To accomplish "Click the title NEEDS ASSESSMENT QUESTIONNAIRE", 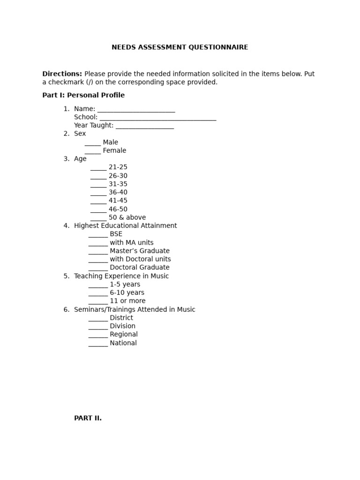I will [180, 47].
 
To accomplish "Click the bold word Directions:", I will [62, 74].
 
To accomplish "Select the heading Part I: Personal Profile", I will [83, 95].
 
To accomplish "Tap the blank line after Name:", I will [136, 109].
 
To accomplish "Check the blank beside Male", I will [93, 143].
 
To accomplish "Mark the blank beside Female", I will [93, 151].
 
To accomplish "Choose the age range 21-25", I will [118, 167].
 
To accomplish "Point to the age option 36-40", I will [118, 193].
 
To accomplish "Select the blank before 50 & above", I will [98, 218].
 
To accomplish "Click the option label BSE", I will [116, 234].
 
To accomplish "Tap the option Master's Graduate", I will [139, 251].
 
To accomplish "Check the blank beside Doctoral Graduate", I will [98, 269].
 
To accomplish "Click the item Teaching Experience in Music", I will [121, 276].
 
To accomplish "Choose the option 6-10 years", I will [127, 293].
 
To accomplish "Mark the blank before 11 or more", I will [98, 302].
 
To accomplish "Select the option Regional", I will [123, 335].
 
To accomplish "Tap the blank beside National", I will [98, 344].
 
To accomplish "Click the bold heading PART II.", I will [88, 418].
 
